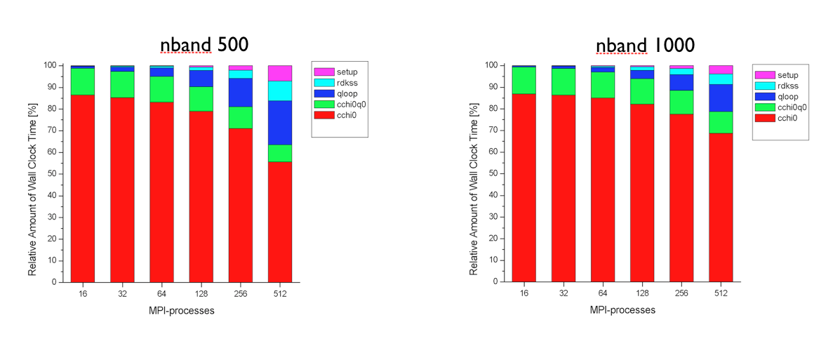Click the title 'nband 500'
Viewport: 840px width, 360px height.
tap(204, 45)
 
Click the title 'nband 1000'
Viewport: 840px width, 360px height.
tap(645, 45)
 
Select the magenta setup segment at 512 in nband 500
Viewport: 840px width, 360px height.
tap(280, 73)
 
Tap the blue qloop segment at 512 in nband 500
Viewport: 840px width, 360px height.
tap(280, 123)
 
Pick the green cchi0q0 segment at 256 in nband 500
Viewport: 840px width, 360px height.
tap(241, 117)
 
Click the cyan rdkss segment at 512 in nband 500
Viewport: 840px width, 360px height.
tap(280, 91)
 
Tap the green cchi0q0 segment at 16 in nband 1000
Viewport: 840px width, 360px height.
tap(524, 80)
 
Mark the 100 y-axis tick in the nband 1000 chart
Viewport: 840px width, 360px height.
tap(491, 65)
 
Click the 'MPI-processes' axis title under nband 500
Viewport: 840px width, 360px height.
tap(181, 311)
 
